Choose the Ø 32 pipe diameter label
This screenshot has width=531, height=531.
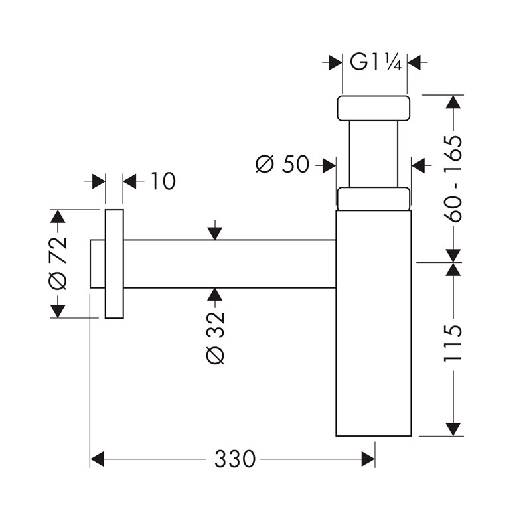pyautogui.click(x=216, y=337)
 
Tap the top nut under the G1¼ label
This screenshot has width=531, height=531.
pyautogui.click(x=374, y=108)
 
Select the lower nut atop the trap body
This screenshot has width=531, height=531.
pyautogui.click(x=373, y=198)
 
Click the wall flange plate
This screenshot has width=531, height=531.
pyautogui.click(x=114, y=264)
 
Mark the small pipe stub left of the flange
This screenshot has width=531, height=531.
pyautogui.click(x=97, y=264)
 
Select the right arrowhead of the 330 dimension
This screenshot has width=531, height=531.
pyautogui.click(x=368, y=459)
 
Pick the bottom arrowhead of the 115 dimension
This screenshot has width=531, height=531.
pyautogui.click(x=453, y=429)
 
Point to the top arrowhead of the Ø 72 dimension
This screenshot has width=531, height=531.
pyautogui.click(x=58, y=217)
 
